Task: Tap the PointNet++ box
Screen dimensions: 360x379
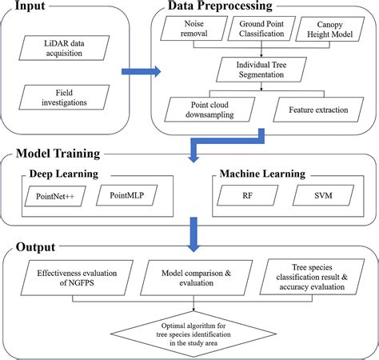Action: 53,194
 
